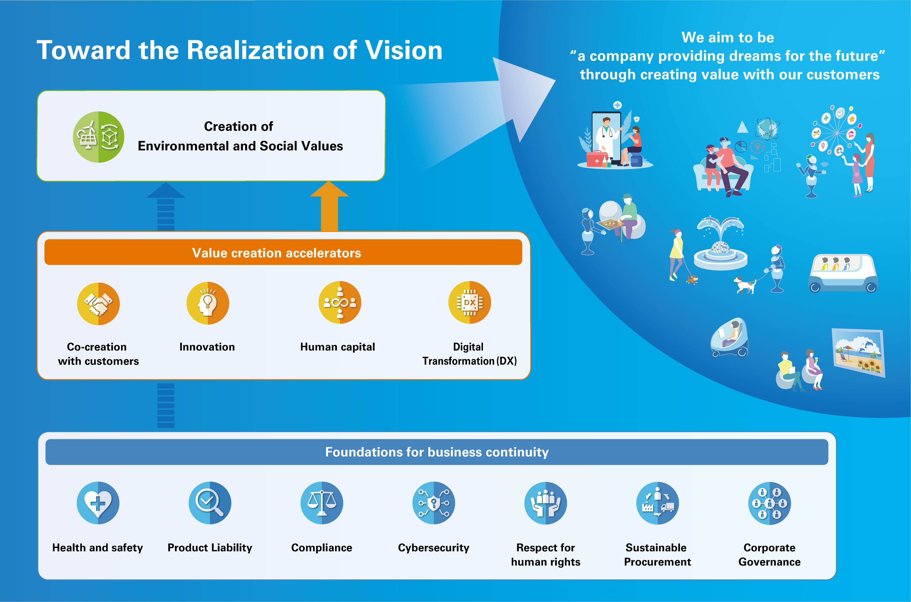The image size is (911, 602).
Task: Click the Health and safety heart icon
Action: tap(98, 503)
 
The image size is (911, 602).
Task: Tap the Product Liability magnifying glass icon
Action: tap(210, 503)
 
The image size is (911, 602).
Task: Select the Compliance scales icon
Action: tap(322, 503)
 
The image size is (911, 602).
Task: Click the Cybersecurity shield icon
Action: tap(434, 503)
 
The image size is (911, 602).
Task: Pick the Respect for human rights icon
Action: tap(546, 503)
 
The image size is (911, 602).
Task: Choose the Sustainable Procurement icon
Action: tap(657, 503)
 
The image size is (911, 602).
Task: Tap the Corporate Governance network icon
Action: tap(769, 503)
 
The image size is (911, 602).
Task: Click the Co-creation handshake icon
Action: tap(98, 304)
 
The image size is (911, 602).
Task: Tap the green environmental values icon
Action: tap(99, 137)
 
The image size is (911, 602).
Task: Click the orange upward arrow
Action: tap(329, 207)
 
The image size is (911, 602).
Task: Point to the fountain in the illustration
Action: tap(721, 246)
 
